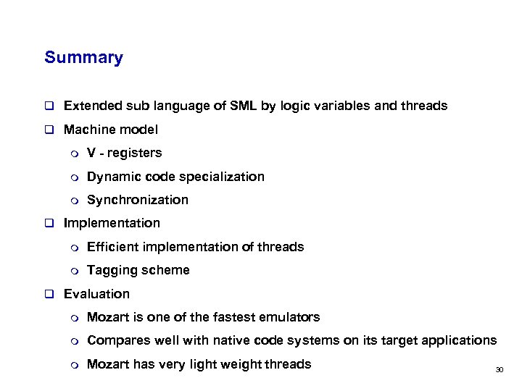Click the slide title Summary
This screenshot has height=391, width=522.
click(83, 58)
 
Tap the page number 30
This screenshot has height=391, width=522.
click(499, 370)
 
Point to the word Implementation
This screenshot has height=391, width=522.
click(112, 223)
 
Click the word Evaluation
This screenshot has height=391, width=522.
click(96, 294)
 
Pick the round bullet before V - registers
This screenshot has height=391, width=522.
click(72, 154)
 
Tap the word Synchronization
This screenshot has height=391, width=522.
click(137, 200)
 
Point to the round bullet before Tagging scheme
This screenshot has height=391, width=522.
click(72, 271)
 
